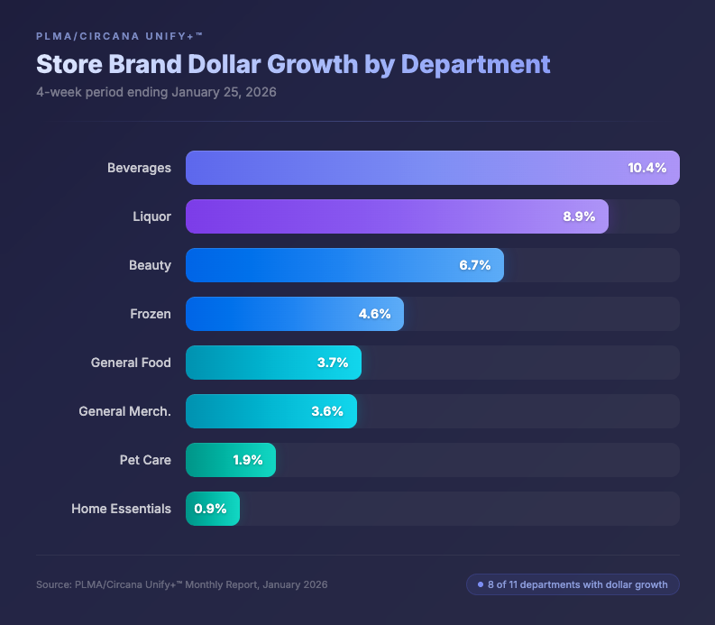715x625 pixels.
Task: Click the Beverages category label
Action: point(139,168)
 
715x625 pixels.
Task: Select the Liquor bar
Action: point(397,216)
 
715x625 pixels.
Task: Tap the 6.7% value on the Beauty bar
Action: point(474,265)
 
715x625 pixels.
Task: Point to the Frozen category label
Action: point(151,314)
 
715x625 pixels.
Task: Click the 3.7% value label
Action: point(333,363)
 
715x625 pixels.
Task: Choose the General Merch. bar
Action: point(270,411)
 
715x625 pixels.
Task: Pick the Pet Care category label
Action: point(145,460)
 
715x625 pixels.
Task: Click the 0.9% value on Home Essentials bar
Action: point(210,509)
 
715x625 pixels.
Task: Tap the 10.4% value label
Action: point(646,168)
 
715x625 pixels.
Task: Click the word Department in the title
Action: point(475,65)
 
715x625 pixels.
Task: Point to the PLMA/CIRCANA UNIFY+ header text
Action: point(119,36)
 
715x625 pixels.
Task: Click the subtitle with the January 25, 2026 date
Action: point(156,93)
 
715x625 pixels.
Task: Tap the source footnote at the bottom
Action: point(181,584)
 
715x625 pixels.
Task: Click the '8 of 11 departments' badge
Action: point(573,584)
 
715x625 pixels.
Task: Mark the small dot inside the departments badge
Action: point(480,584)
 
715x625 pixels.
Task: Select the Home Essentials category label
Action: point(121,509)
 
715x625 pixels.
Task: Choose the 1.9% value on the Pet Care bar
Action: point(248,460)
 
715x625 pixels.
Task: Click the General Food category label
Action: point(131,363)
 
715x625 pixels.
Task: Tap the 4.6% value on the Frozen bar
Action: point(374,314)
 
